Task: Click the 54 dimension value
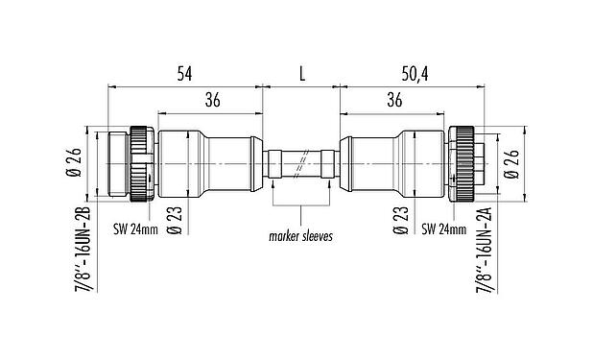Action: coord(186,72)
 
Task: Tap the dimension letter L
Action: coord(301,72)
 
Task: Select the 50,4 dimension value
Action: coord(415,72)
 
